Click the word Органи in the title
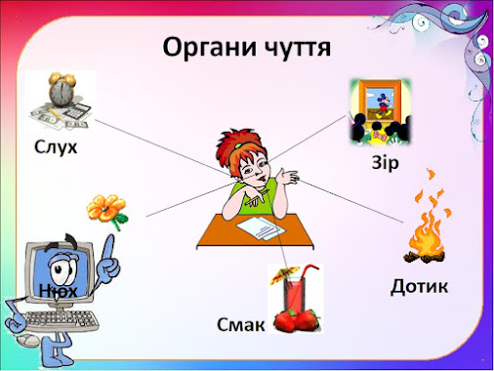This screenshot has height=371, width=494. click(210, 48)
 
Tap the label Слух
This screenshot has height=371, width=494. click(56, 147)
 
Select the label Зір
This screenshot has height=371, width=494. click(385, 162)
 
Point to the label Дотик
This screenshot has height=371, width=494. click(419, 287)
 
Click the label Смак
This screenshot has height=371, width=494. click(241, 324)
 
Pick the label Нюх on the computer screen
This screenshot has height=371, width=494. click(59, 291)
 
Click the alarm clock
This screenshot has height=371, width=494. click(61, 90)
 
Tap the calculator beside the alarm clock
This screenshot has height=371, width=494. click(77, 112)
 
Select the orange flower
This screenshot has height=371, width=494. click(106, 211)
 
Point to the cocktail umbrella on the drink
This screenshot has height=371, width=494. click(284, 274)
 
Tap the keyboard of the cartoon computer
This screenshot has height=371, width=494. click(62, 320)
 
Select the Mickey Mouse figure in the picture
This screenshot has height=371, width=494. click(383, 104)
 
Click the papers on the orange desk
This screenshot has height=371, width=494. click(262, 227)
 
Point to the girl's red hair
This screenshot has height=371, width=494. click(238, 144)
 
